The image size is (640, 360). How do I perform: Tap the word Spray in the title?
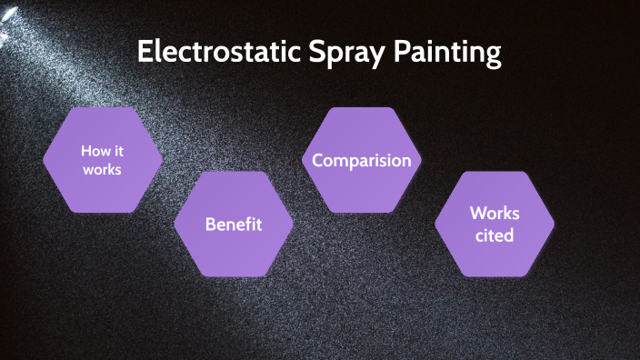[x=346, y=54]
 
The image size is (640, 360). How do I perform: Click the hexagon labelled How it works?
[x=103, y=160]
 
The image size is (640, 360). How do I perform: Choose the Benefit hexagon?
[x=234, y=224]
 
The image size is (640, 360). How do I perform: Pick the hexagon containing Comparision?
[x=362, y=160]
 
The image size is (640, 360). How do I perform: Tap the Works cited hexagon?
[x=495, y=224]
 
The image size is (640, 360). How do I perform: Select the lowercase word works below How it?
[x=103, y=169]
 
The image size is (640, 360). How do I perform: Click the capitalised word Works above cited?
[x=495, y=214]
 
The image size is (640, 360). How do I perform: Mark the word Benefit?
[x=234, y=224]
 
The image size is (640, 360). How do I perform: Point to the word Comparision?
[x=362, y=160]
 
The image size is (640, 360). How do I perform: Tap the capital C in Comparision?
[x=318, y=160]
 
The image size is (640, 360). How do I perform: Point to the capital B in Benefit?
[x=210, y=224]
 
